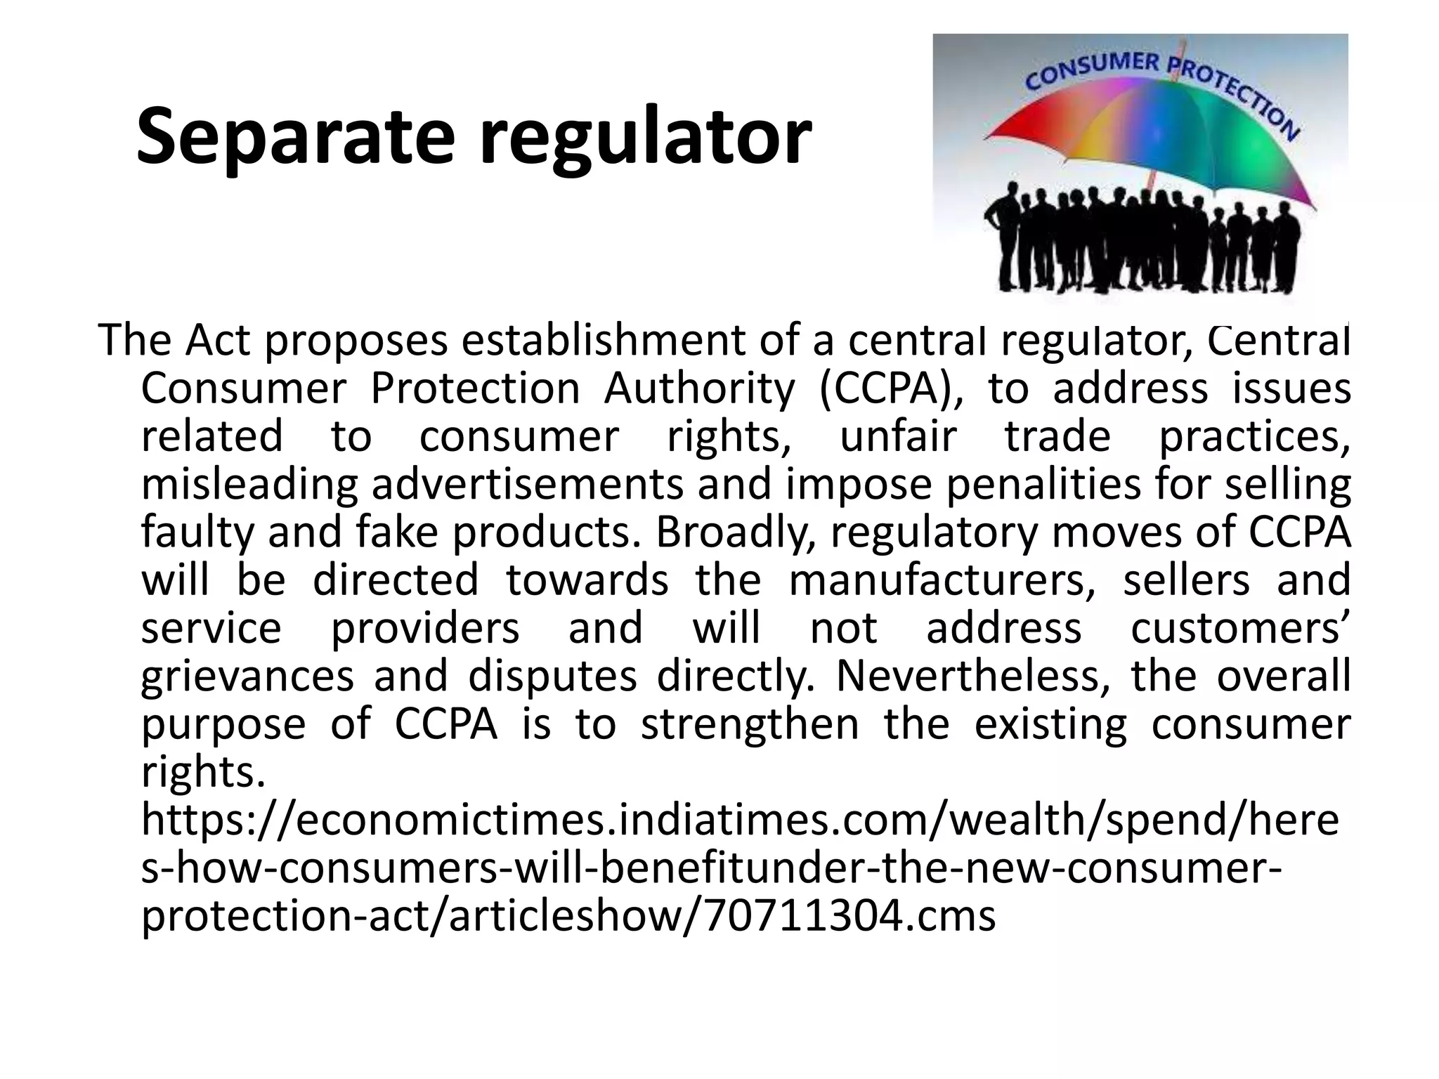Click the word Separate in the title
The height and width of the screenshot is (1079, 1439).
tap(295, 136)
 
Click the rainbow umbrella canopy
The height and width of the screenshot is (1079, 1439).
tap(1152, 140)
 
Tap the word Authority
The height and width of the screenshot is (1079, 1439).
tap(699, 388)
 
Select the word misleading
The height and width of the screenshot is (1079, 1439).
tap(250, 485)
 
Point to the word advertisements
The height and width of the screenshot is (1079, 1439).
tap(527, 485)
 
